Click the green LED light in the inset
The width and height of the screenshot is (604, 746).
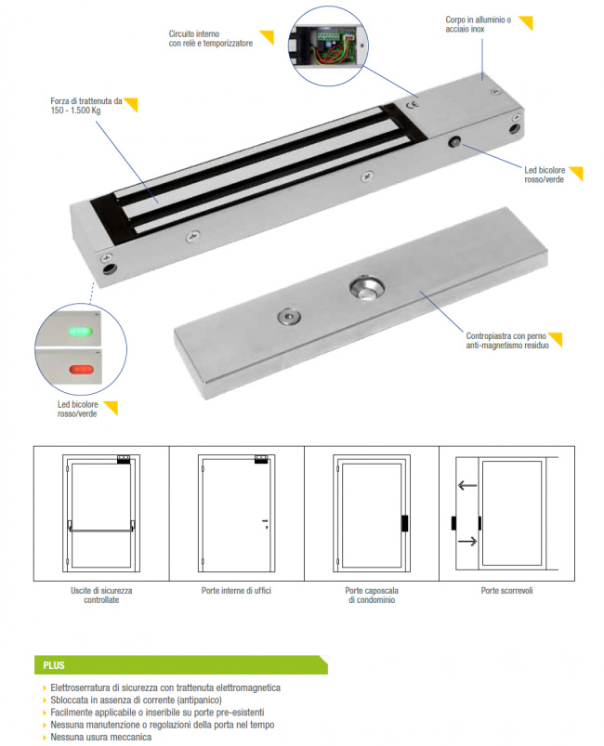pyautogui.click(x=80, y=331)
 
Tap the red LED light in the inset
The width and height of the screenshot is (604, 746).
pyautogui.click(x=82, y=369)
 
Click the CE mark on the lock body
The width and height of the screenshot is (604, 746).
pyautogui.click(x=414, y=104)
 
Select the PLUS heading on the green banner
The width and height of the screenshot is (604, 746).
pyautogui.click(x=54, y=665)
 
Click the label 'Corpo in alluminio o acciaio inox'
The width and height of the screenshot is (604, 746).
pyautogui.click(x=478, y=24)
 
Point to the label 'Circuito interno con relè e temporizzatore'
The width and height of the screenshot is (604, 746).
pyautogui.click(x=210, y=38)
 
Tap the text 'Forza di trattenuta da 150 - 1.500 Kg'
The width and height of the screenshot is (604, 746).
pyautogui.click(x=86, y=106)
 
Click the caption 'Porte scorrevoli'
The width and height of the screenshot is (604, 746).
pyautogui.click(x=506, y=591)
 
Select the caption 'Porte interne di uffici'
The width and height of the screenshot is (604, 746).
pyautogui.click(x=236, y=591)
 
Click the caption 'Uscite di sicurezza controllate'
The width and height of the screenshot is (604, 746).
pyautogui.click(x=101, y=595)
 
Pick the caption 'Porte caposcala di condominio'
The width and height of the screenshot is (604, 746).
pyautogui.click(x=372, y=595)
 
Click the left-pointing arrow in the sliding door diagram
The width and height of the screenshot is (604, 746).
pyautogui.click(x=466, y=486)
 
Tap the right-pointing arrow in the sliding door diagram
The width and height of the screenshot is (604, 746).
pyautogui.click(x=466, y=542)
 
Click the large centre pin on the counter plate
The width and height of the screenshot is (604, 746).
pyautogui.click(x=366, y=288)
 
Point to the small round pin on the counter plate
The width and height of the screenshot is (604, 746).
pyautogui.click(x=289, y=317)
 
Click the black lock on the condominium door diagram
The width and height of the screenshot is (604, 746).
pyautogui.click(x=404, y=523)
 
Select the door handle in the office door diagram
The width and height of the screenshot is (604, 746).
pyautogui.click(x=265, y=523)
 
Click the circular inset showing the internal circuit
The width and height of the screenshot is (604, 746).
pyautogui.click(x=328, y=46)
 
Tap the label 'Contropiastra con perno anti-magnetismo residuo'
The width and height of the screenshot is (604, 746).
pyautogui.click(x=507, y=341)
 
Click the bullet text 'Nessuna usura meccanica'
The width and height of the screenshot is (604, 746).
pyautogui.click(x=101, y=737)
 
